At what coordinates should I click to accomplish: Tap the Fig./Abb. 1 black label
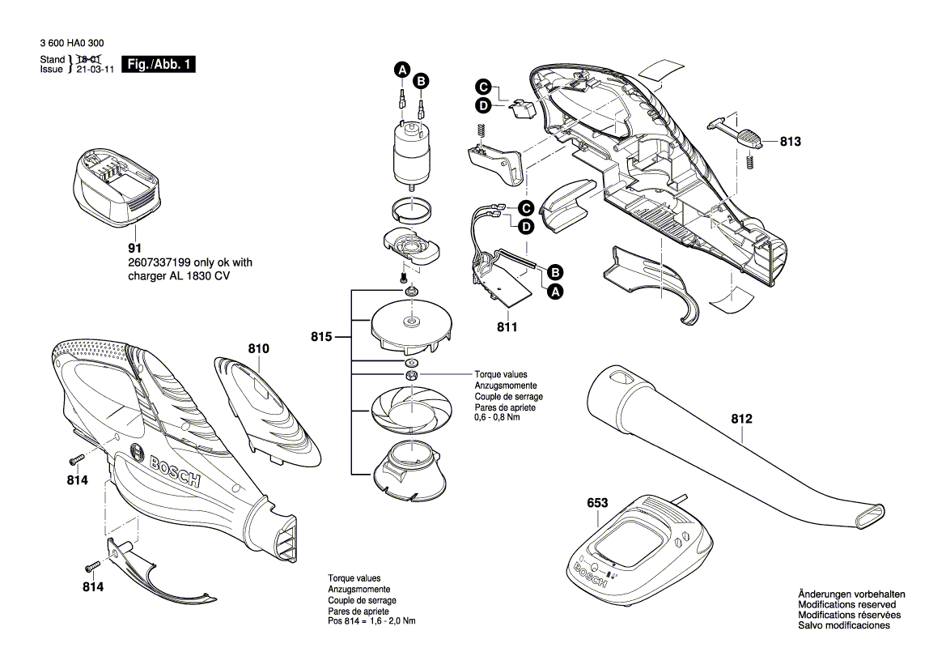coord(158,65)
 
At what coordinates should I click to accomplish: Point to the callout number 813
coord(790,141)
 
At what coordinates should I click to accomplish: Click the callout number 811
coord(508,328)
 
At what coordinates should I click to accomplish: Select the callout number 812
coord(741,420)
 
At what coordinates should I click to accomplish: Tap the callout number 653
coord(597,503)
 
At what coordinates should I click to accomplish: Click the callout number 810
coord(258,348)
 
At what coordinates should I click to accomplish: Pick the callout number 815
coord(321,336)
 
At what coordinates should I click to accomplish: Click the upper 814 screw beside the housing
coord(74,459)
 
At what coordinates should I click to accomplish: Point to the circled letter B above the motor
coord(421,80)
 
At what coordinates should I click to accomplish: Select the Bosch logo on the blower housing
coord(173,470)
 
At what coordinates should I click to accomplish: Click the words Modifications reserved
coord(846,604)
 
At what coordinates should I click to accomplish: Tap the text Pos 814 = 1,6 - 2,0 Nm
coord(371,621)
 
